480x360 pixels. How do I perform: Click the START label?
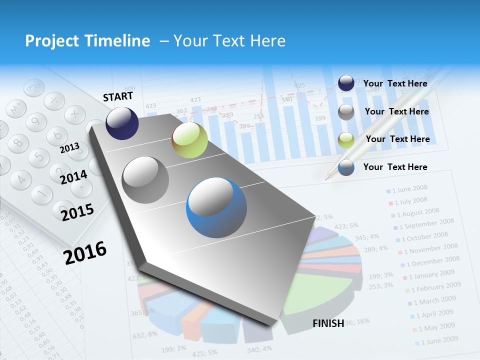pos(118,96)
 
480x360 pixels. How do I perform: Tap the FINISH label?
pos(328,323)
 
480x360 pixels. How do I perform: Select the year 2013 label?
pos(69,148)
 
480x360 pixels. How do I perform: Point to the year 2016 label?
pos(85,252)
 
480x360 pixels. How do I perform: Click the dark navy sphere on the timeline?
pos(122,123)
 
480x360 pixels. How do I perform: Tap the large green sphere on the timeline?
pos(189,140)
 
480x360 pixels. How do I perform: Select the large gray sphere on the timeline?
pos(145,179)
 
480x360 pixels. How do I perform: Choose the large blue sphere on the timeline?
pos(216,207)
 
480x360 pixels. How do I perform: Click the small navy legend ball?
pos(346,83)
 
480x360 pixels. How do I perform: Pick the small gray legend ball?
pos(346,112)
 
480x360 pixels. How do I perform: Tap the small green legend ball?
pos(346,140)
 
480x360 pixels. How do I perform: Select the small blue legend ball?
pos(346,167)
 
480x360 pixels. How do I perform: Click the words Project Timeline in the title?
pos(87,41)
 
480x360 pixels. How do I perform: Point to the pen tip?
pos(327,177)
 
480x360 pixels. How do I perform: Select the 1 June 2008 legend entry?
pos(409,188)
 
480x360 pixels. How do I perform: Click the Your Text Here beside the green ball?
pos(397,139)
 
